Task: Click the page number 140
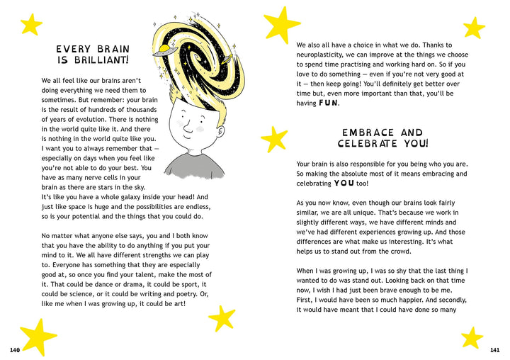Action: pos(15,350)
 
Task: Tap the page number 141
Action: pos(494,350)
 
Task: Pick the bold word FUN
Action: pos(329,103)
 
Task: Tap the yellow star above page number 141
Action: pos(471,337)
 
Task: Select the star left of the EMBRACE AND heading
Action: pos(274,139)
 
